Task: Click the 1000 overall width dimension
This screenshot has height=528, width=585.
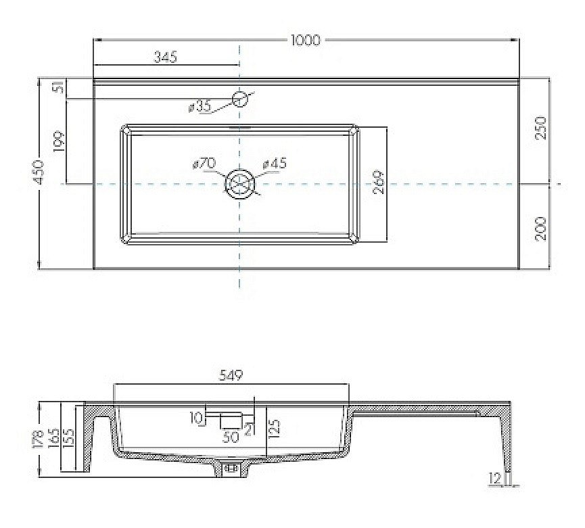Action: point(305,41)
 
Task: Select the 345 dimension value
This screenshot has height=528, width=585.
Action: point(164,57)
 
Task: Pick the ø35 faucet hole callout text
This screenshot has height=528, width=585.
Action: point(200,106)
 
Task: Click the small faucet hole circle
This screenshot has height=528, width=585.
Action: point(240,99)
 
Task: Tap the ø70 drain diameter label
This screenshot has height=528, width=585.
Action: point(204,164)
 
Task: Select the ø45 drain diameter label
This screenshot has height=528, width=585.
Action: point(275,164)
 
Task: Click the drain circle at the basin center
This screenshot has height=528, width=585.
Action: point(240,183)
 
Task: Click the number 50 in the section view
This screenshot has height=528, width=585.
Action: point(231,437)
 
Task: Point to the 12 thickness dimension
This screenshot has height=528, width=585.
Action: point(497,479)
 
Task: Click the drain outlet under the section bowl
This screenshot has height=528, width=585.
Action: point(232,467)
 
